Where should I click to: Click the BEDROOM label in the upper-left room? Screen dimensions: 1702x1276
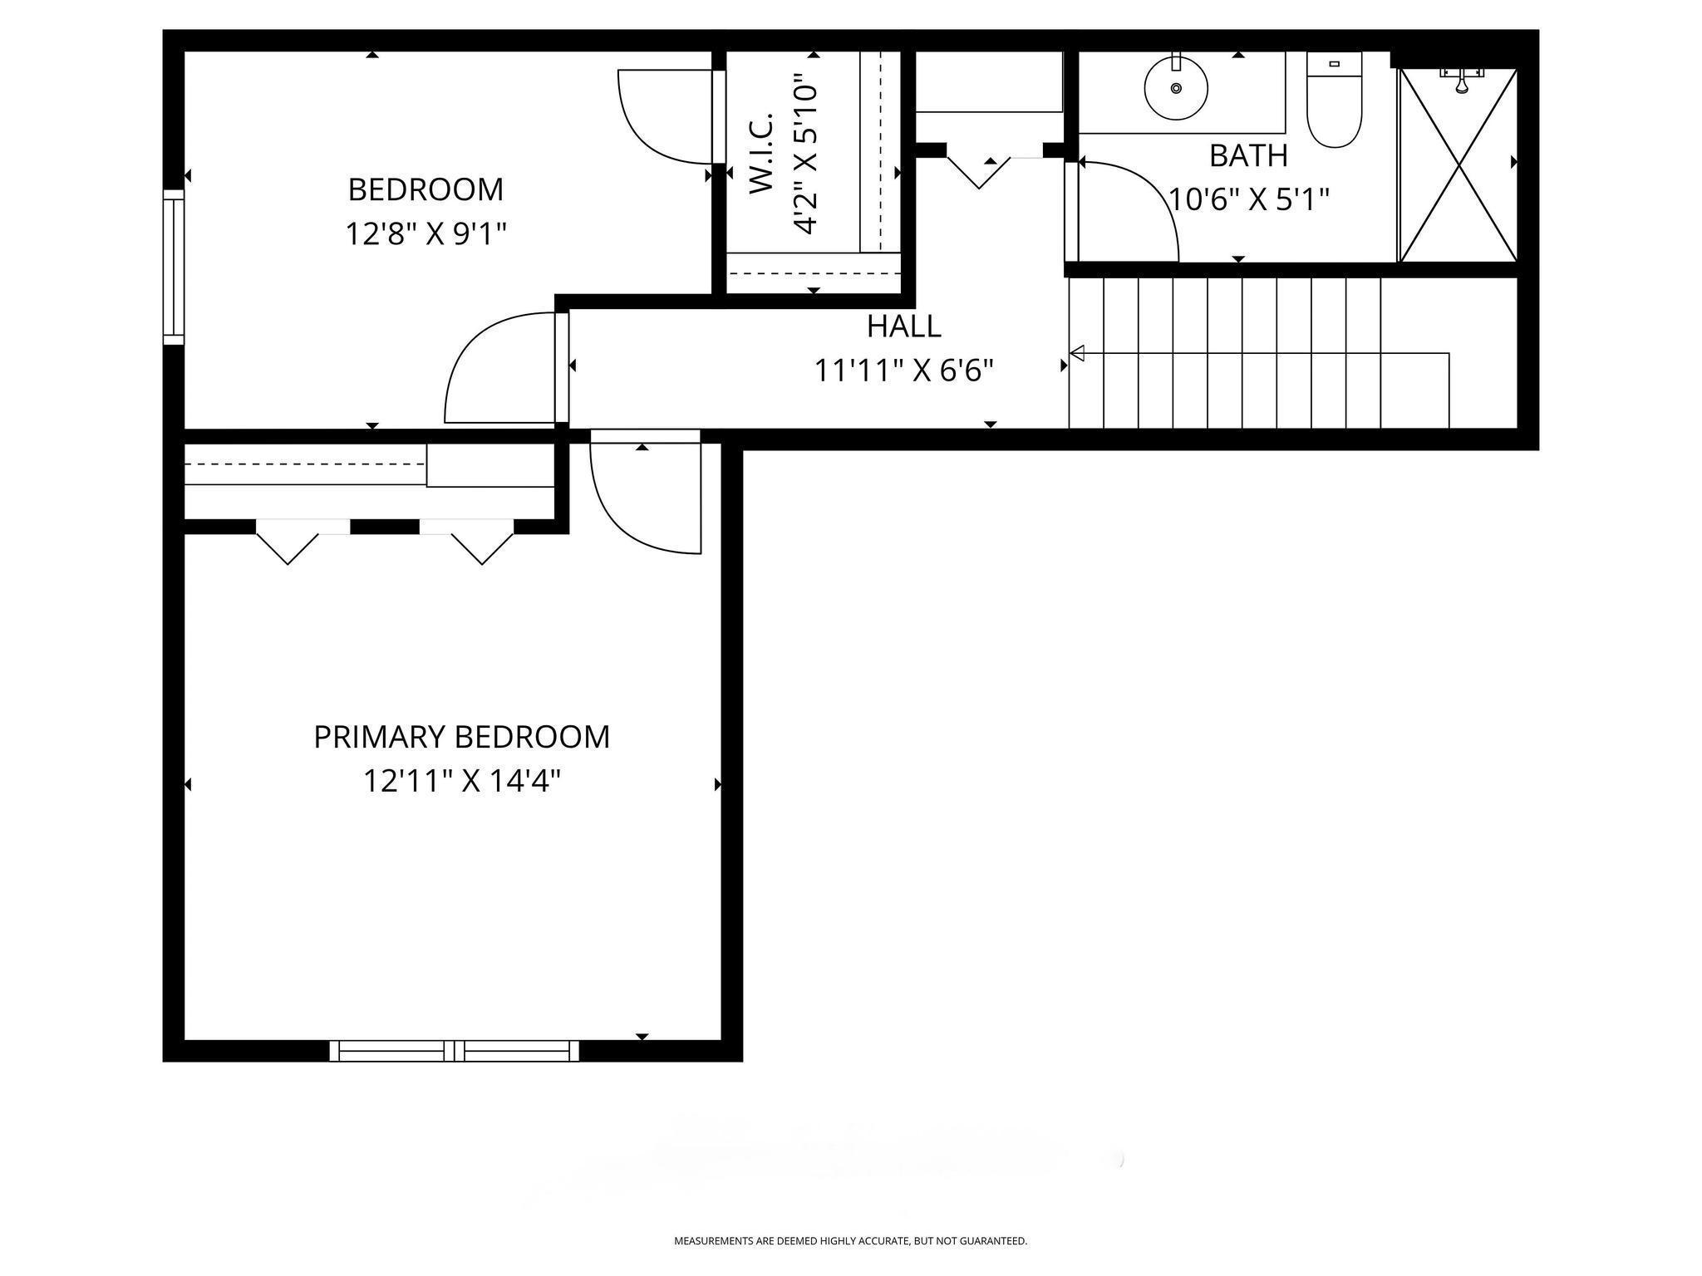pyautogui.click(x=425, y=189)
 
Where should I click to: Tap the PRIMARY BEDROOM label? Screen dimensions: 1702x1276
pyautogui.click(x=461, y=737)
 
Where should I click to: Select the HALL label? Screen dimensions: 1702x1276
pyautogui.click(x=904, y=326)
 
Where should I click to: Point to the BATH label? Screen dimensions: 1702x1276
pyautogui.click(x=1248, y=155)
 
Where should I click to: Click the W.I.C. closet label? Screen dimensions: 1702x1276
pyautogui.click(x=762, y=154)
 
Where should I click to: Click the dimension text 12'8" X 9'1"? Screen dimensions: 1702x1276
pyautogui.click(x=425, y=233)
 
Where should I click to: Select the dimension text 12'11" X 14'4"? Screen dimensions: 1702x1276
pyautogui.click(x=462, y=781)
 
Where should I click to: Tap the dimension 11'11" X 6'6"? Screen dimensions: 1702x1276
pyautogui.click(x=904, y=371)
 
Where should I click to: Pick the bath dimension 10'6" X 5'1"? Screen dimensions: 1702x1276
pyautogui.click(x=1249, y=199)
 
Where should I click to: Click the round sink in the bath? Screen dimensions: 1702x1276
pyautogui.click(x=1176, y=87)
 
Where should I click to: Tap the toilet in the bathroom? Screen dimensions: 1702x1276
pyautogui.click(x=1335, y=100)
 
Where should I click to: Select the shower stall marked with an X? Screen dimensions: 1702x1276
pyautogui.click(x=1459, y=165)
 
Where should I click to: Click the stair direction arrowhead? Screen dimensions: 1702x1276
pyautogui.click(x=1077, y=354)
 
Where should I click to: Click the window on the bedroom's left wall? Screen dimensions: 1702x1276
pyautogui.click(x=173, y=267)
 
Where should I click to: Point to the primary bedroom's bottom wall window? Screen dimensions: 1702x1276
pyautogui.click(x=455, y=1051)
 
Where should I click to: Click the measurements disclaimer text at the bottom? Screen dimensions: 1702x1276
pyautogui.click(x=850, y=1241)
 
